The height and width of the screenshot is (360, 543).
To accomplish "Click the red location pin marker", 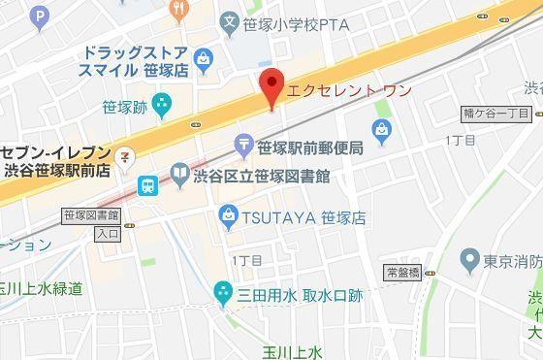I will point(272,87).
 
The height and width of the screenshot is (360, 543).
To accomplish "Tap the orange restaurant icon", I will point(176,10).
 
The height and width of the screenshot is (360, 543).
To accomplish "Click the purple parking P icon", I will point(39,15).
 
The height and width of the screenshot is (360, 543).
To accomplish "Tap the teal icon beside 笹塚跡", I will point(161,101).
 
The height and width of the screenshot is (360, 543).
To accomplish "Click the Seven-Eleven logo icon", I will point(124,156).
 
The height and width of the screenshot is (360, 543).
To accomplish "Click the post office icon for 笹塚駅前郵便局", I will point(245,147).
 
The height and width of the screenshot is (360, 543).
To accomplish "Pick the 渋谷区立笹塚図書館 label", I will point(262,177).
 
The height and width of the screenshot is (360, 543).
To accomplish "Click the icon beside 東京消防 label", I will point(470,260).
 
